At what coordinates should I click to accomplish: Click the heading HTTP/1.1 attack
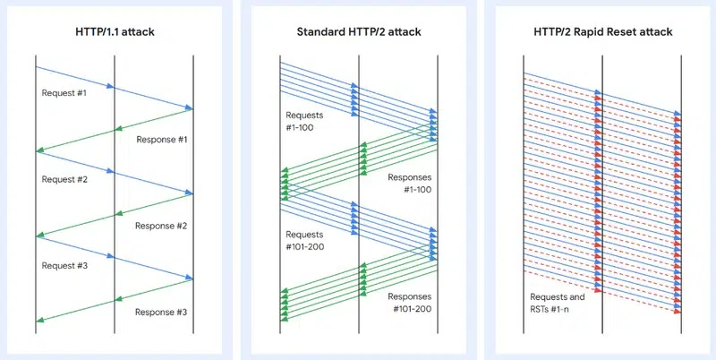[x=115, y=32]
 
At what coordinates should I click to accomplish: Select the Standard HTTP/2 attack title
[x=358, y=32]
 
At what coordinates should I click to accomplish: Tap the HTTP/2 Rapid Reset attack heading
[x=601, y=32]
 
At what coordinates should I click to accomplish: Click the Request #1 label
[x=64, y=93]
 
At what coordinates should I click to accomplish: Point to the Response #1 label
[x=161, y=140]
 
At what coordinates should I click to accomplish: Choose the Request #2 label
[x=64, y=179]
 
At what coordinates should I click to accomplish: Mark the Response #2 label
[x=161, y=226]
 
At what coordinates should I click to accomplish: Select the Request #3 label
[x=64, y=265]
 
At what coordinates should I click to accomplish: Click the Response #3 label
[x=161, y=312]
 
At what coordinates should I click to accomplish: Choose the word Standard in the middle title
[x=322, y=32]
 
